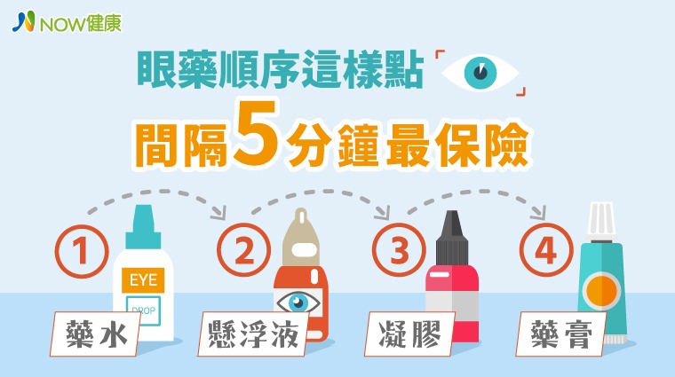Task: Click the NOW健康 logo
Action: pyautogui.click(x=67, y=23)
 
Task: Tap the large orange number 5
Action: pyautogui.click(x=256, y=135)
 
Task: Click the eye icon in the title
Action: pyautogui.click(x=480, y=73)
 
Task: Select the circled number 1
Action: pyautogui.click(x=82, y=251)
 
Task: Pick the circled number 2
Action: pyautogui.click(x=243, y=250)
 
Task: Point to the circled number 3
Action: pyautogui.click(x=399, y=250)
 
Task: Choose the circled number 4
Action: pyautogui.click(x=546, y=250)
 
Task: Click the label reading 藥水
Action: pyautogui.click(x=96, y=334)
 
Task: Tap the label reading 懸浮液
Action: pyautogui.click(x=253, y=334)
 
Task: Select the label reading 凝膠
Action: pyautogui.click(x=409, y=334)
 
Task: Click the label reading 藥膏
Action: pyautogui.click(x=561, y=334)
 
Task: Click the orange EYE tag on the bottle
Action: pyautogui.click(x=143, y=280)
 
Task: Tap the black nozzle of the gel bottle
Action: pyautogui.click(x=451, y=238)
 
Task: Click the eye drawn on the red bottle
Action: pyautogui.click(x=298, y=302)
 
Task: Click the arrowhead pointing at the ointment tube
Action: pyautogui.click(x=538, y=213)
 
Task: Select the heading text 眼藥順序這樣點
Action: pyautogui.click(x=281, y=70)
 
